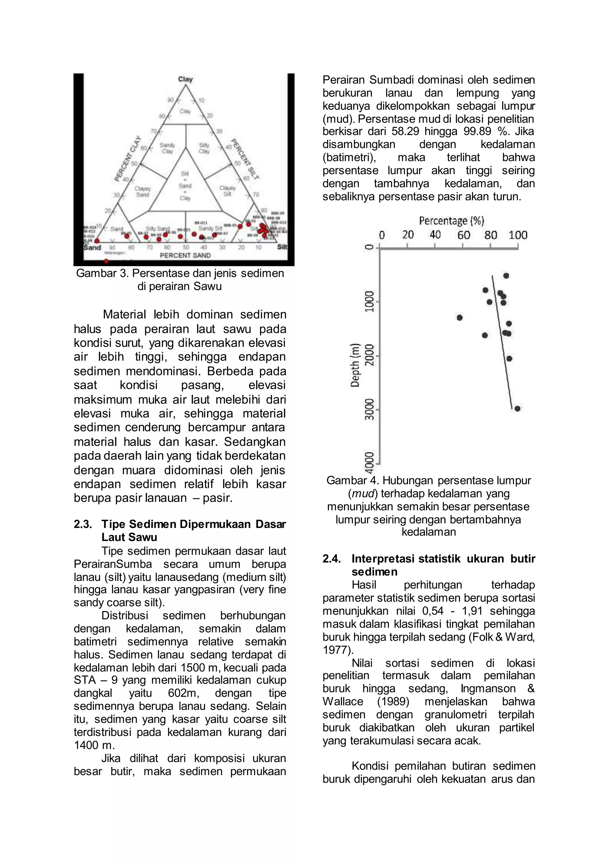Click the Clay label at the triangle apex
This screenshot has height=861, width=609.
185,79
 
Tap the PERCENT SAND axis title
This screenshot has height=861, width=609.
185,255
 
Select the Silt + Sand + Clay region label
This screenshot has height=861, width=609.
185,186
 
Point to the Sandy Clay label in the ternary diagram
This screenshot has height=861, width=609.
167,148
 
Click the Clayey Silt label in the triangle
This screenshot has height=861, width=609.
227,191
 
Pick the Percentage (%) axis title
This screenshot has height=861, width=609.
451,221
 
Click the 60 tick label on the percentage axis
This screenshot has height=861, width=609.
464,235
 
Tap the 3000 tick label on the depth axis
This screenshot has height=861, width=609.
370,409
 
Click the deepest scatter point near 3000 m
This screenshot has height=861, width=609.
517,409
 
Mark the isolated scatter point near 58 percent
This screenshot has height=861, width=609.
459,318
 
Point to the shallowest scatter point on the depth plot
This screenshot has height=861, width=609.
506,276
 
